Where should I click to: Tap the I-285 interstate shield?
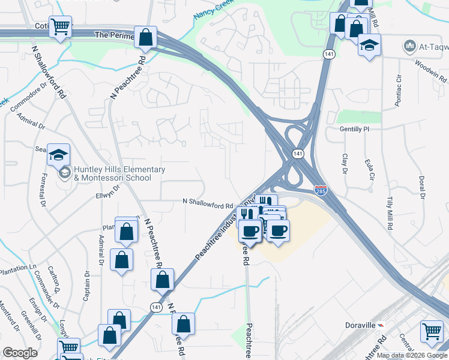point(321,190)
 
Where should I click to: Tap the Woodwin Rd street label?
point(431,69)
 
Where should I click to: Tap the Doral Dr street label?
point(422,187)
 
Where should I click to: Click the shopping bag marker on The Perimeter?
point(146,37)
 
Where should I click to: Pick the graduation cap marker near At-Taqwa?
point(369,44)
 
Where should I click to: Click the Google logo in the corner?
point(20,353)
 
